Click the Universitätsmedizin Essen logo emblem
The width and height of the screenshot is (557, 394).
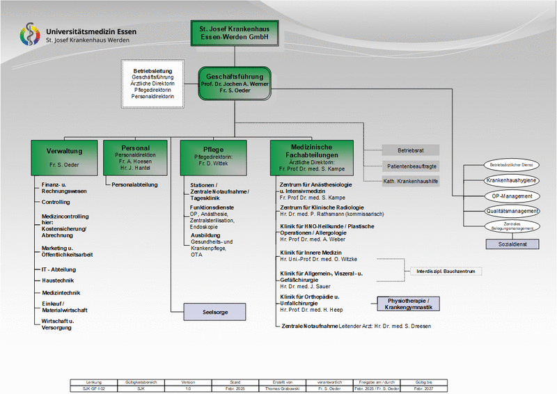30,36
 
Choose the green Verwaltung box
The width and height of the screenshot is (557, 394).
65,157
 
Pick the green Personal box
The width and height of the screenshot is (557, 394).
136,157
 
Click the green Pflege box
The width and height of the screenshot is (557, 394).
213,157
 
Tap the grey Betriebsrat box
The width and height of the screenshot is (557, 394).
411,150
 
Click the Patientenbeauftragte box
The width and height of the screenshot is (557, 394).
411,166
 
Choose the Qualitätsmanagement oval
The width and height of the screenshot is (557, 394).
512,211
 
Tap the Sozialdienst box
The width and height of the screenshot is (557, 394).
512,244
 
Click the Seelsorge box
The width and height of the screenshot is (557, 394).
214,312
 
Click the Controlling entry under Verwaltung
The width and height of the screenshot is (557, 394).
56,202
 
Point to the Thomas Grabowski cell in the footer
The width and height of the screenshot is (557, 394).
283,388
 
